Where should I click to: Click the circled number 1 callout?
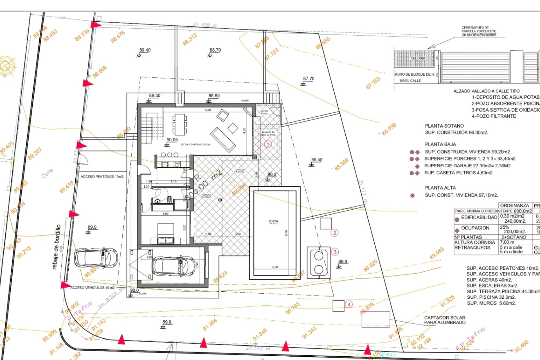click(267, 144)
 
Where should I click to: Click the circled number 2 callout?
click(334, 233)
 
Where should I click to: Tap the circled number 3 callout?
click(335, 252)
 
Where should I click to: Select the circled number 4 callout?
click(349, 304)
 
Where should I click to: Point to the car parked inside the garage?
click(173, 266)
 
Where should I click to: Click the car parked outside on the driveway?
click(96, 257)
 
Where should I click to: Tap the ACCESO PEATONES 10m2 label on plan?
click(102, 177)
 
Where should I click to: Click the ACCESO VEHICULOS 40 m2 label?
click(93, 288)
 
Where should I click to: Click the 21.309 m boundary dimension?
click(206, 25)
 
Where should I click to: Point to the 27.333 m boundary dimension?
click(258, 348)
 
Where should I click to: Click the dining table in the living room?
click(179, 124)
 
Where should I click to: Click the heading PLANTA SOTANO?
click(444, 126)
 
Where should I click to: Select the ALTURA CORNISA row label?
click(474, 242)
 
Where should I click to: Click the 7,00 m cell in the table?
click(507, 242)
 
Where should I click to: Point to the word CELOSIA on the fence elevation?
click(418, 58)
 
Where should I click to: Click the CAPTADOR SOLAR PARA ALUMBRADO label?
click(445, 320)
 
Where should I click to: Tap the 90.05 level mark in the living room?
click(172, 140)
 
